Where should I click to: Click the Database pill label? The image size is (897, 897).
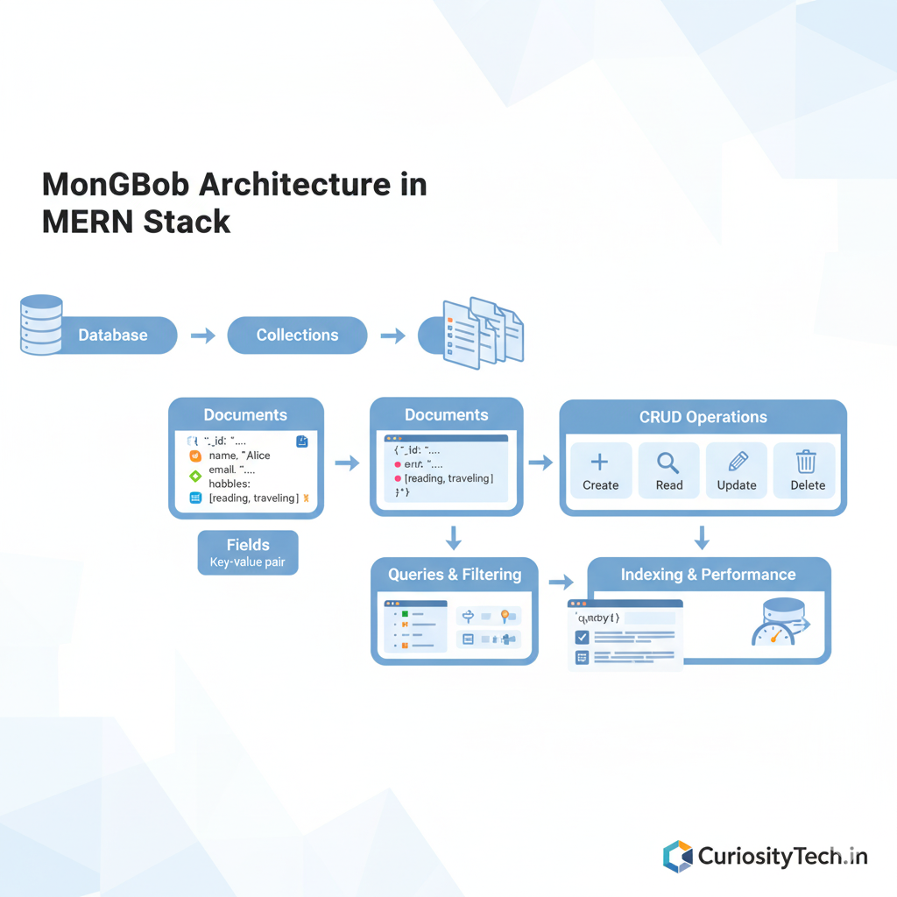coord(113,335)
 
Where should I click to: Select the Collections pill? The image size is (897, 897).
coord(297,335)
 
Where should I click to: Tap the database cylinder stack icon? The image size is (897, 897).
coord(41,325)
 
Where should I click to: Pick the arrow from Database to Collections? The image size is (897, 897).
coord(203,335)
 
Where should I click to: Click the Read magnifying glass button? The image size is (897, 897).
coord(668,470)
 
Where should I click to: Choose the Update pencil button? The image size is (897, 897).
coord(737,470)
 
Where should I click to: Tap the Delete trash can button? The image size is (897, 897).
coord(805,470)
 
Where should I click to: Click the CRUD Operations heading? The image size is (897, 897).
coord(703,417)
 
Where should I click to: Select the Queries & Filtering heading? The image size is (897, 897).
coord(455,575)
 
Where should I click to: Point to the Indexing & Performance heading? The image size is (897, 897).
coord(708,575)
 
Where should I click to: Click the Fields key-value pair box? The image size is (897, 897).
coord(248,553)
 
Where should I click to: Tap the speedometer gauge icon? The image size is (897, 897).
coord(774,632)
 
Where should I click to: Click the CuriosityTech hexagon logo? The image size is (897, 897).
coord(677,856)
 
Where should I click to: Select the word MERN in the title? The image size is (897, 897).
coord(88,221)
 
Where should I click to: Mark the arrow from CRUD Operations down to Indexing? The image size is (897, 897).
coord(702,537)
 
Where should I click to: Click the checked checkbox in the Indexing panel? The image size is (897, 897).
coord(582,637)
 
